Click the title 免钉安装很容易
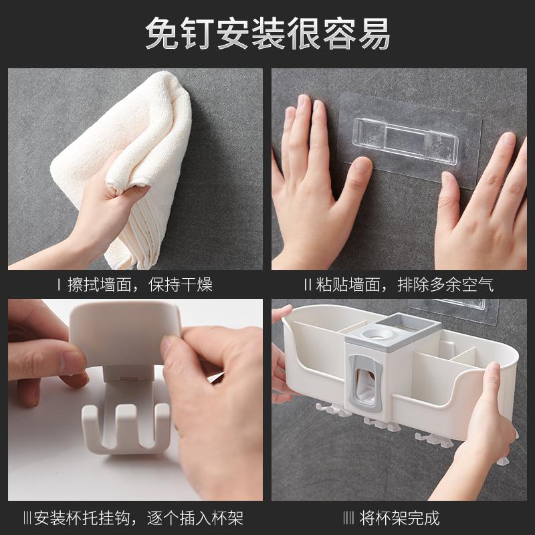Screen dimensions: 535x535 tap(268, 33)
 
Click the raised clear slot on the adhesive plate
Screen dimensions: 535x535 tap(405, 141)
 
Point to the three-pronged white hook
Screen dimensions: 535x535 tap(126, 427)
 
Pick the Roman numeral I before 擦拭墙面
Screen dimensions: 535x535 tap(59, 285)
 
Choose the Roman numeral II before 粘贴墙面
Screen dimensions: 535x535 tap(308, 285)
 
